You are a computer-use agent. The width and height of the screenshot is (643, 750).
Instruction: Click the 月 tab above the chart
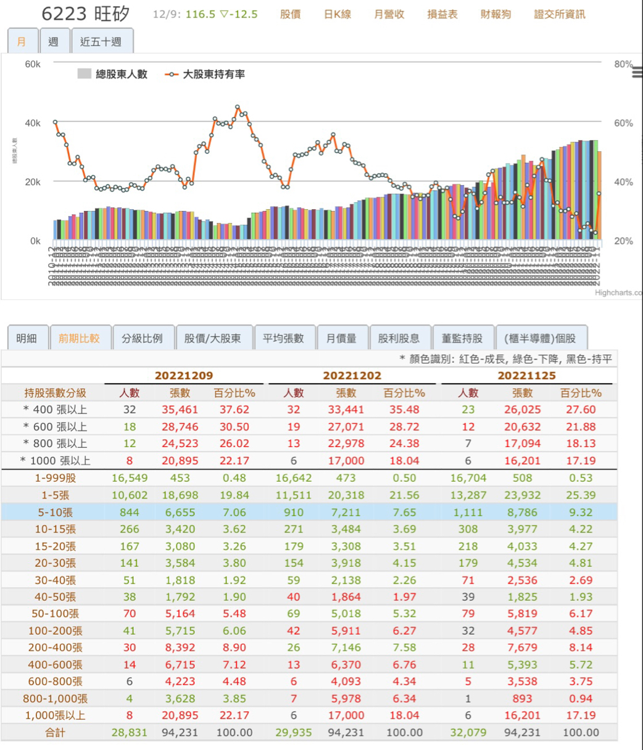point(22,42)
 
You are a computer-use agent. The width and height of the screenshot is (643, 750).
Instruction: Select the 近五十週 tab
point(101,42)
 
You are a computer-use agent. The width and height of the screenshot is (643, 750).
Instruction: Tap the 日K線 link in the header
point(338,14)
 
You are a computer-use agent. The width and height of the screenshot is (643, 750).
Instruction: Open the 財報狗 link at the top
point(496,14)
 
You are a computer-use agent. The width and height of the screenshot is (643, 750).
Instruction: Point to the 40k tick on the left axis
point(33,123)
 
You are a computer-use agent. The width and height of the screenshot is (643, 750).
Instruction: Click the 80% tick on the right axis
point(623,65)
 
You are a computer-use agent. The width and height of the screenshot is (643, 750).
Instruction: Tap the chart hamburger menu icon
point(637,73)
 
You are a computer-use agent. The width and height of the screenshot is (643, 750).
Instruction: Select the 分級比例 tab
point(142,338)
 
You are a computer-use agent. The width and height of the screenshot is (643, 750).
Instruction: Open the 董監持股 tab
point(462,338)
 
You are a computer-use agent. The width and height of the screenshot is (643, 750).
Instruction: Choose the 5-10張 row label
point(55,512)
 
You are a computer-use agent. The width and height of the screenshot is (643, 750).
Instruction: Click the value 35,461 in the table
point(180,410)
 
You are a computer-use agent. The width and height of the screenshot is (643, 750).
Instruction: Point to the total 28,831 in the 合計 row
point(127,732)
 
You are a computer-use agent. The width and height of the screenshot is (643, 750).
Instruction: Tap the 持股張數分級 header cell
point(55,393)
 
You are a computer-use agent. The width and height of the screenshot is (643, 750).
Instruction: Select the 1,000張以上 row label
point(55,715)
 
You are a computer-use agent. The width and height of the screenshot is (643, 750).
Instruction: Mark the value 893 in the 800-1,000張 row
point(522,699)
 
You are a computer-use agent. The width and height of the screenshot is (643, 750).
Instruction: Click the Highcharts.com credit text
point(618,292)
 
